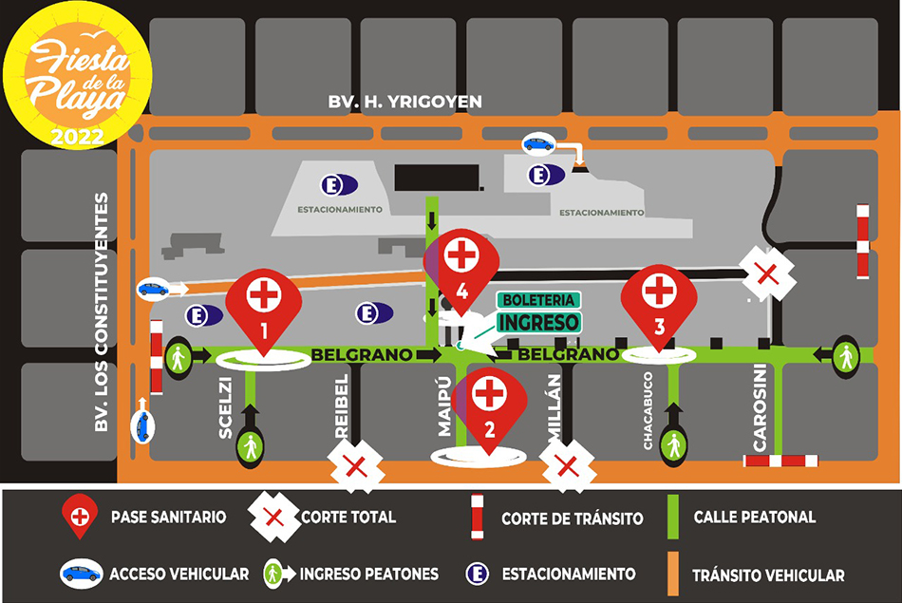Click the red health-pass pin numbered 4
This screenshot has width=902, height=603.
460,264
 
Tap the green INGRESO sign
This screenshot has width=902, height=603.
538,322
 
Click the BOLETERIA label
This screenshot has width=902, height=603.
537,299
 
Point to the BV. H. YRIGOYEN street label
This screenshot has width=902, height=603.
405,102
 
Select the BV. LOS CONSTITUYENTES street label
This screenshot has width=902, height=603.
103,313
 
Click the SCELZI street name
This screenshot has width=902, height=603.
226,407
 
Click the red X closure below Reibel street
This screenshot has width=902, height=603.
355,466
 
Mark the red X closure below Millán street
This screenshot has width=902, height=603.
567,466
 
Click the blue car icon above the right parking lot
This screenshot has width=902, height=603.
538,144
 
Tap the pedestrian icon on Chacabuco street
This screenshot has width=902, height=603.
674,443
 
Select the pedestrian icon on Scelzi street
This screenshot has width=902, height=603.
250,445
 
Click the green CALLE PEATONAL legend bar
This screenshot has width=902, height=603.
672,518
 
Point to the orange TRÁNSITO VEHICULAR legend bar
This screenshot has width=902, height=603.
672,574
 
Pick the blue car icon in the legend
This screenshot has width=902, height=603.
82,574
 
